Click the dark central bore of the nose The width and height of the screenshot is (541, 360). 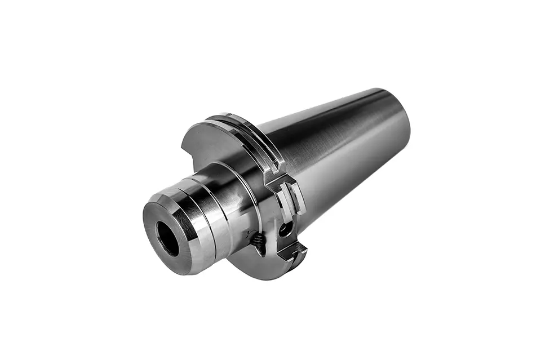tap(168, 238)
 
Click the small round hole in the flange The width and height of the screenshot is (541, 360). tap(285, 228)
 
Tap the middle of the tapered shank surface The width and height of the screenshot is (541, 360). tap(338, 158)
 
